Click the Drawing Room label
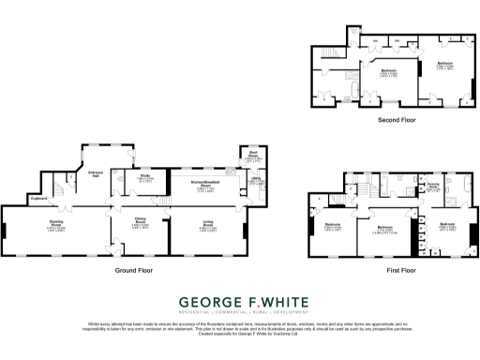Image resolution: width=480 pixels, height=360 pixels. click(55, 222)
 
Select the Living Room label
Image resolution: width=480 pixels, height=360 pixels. click(209, 222)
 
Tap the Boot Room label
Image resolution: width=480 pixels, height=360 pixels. click(253, 155)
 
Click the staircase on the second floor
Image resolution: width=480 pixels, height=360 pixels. click(330, 57)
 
